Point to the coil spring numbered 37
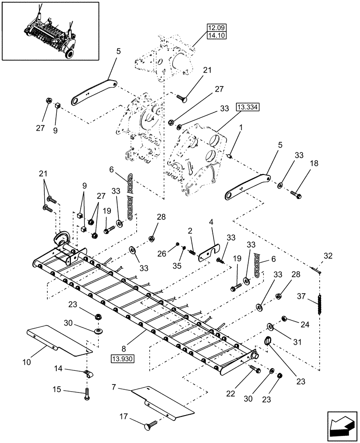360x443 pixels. [x=319, y=305]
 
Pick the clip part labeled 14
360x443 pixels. [x=88, y=374]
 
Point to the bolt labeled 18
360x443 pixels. [x=296, y=193]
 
